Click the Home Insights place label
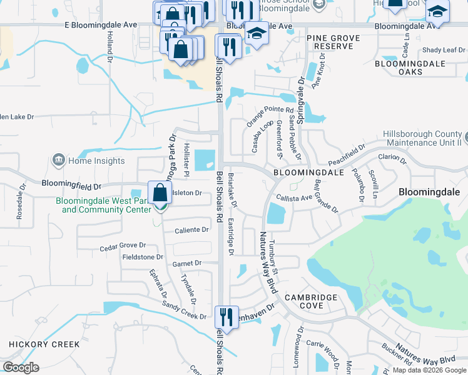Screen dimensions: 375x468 pos(96,161)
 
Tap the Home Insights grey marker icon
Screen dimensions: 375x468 pos(58,161)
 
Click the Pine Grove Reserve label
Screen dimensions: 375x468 pos(333,42)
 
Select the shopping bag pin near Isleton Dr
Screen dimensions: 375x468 pos(160,192)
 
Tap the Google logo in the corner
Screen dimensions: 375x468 pos(21,367)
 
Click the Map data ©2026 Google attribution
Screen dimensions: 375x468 pos(429,370)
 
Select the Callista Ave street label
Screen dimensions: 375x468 pos(293,197)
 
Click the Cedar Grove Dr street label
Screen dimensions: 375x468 pos(123,247)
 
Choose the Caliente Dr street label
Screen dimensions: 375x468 pos(191,230)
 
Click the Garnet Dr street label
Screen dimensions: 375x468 pos(188,264)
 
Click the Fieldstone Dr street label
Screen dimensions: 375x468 pos(143,257)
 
